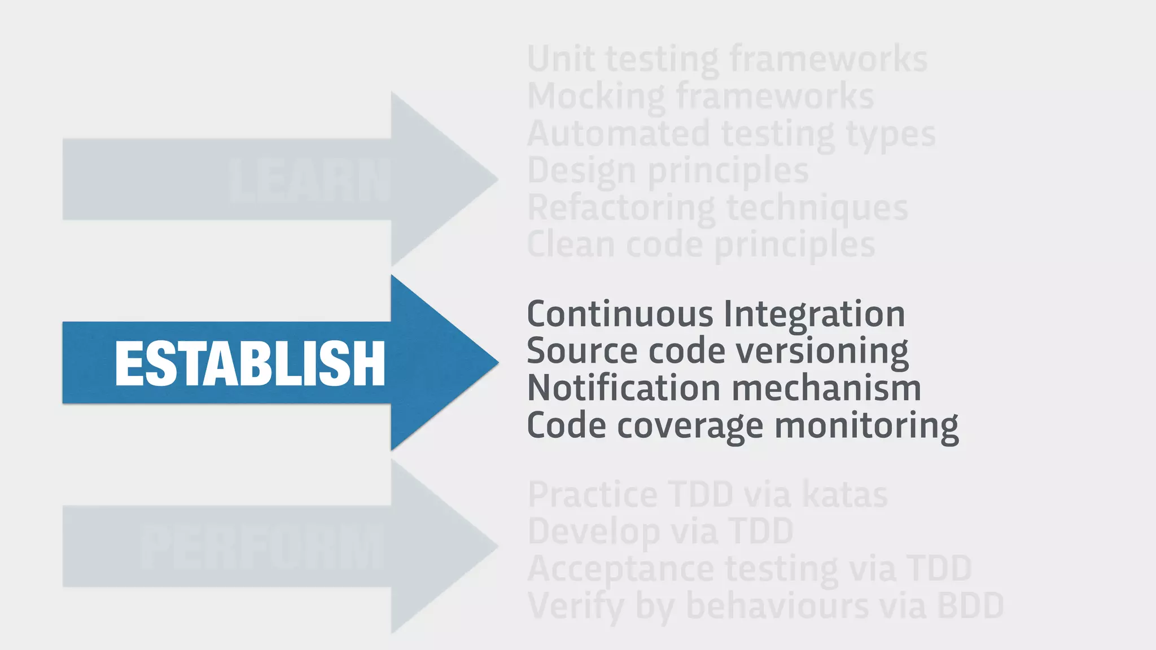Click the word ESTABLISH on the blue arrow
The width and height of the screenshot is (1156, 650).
249,364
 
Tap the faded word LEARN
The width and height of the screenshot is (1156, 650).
309,181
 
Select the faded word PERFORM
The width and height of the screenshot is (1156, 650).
262,547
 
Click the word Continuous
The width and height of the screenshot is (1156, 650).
620,314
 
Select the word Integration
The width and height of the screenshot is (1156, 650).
814,314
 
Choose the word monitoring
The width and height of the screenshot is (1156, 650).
866,426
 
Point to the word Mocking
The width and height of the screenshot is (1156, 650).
596,96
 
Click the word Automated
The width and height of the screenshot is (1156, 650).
618,134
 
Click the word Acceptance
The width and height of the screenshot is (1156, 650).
620,569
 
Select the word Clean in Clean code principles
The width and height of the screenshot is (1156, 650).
571,245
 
